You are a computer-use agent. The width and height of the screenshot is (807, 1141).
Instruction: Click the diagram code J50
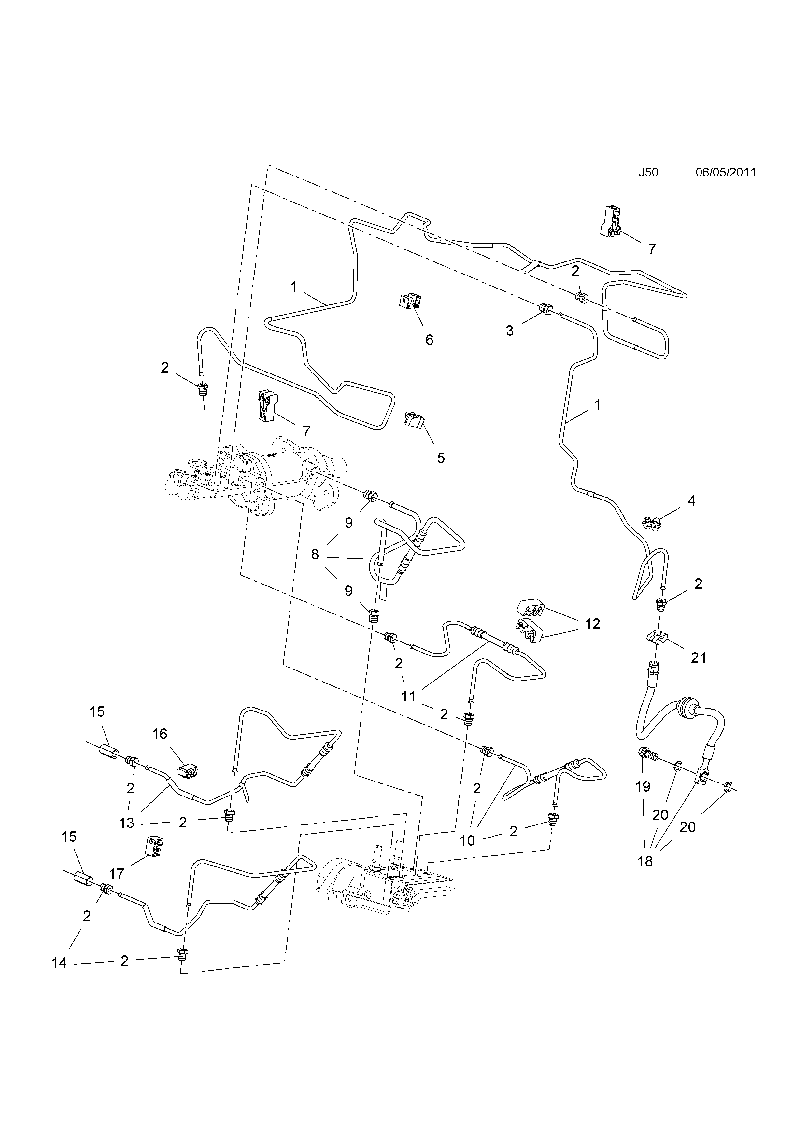(648, 173)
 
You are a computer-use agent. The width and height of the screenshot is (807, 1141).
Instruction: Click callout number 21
(698, 657)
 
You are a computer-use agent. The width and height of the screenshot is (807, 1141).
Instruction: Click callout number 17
(116, 873)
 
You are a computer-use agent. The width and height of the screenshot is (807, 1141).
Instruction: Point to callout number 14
(59, 963)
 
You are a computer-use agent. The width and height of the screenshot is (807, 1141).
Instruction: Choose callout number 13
(127, 823)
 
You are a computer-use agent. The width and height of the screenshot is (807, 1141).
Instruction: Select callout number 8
(315, 554)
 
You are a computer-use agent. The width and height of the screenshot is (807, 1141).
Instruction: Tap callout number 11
(408, 696)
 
